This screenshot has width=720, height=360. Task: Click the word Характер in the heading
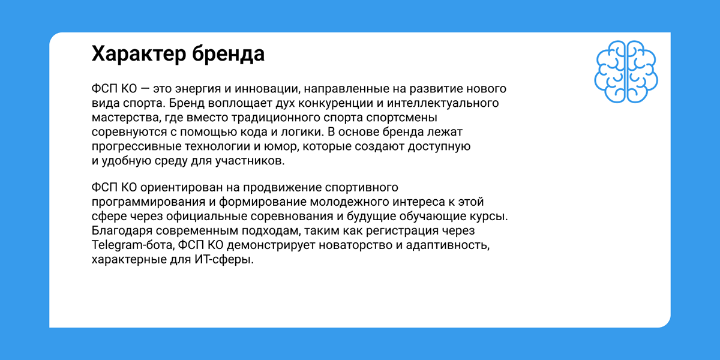139,54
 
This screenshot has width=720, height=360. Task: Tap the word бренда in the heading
229,53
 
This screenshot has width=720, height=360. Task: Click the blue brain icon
626,71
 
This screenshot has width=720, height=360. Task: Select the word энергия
199,89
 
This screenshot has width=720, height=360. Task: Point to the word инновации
268,89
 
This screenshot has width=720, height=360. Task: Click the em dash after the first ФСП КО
145,89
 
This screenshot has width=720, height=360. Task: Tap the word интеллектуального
443,103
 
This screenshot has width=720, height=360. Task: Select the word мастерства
126,118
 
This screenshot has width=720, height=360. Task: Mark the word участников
250,161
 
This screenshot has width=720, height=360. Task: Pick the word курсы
488,217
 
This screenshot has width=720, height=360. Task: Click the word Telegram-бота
133,245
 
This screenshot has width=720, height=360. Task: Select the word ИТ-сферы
224,259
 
